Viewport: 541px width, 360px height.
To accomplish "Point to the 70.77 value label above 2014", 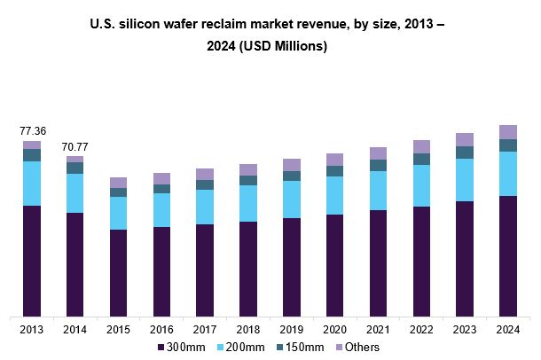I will (x=75, y=146).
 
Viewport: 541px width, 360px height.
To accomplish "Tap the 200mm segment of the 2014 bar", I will (x=75, y=192).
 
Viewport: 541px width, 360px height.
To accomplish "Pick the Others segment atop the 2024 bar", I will (x=508, y=132).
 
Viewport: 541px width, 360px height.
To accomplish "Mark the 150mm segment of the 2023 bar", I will (x=465, y=153).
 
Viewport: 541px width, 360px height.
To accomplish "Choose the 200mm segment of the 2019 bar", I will (x=292, y=199).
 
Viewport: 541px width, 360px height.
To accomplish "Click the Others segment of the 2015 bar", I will (x=119, y=183).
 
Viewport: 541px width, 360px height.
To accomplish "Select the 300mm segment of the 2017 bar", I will (x=205, y=270).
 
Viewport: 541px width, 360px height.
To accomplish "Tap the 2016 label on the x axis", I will (x=161, y=329).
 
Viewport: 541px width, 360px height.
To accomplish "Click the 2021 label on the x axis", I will (x=378, y=329).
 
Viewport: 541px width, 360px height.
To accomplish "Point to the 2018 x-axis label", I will (x=248, y=329).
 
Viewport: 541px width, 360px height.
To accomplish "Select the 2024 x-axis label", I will (x=508, y=329).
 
